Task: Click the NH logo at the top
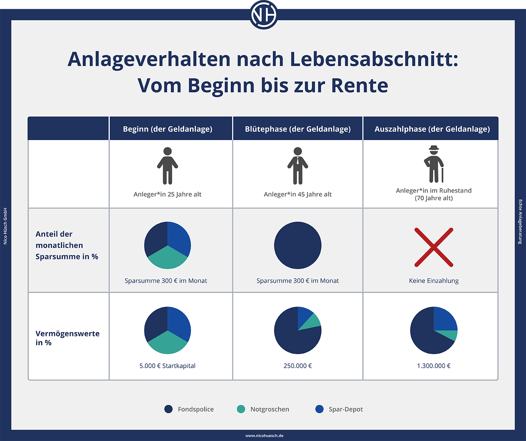[x=264, y=15]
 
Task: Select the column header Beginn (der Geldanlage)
[x=168, y=129]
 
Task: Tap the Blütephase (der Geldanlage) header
[x=298, y=129]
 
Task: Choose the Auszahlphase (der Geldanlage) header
[x=432, y=129]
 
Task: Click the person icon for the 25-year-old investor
[x=168, y=166]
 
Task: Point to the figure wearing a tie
[x=298, y=166]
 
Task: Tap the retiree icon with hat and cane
[x=434, y=164]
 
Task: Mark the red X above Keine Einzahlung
[x=434, y=247]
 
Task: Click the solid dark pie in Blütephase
[x=298, y=245]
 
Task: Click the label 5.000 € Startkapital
[x=168, y=365]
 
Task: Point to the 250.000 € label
[x=298, y=365]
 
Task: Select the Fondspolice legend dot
[x=168, y=409]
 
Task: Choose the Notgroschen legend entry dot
[x=241, y=409]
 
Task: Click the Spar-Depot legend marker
[x=319, y=409]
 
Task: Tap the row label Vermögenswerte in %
[x=67, y=338]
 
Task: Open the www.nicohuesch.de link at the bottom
[x=264, y=436]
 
